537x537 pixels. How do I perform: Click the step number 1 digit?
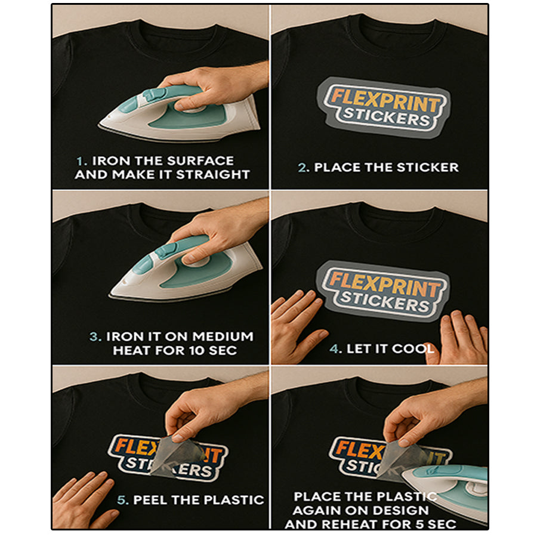point(80,161)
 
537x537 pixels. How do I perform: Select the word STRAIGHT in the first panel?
point(212,175)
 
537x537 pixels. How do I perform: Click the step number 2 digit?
point(303,168)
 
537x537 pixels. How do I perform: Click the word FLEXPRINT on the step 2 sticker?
point(385,101)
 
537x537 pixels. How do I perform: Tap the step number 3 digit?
point(94,337)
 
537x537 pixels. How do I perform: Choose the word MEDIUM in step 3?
point(223,337)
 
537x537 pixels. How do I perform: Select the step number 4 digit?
point(334,349)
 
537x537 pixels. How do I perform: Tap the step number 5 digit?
point(121,501)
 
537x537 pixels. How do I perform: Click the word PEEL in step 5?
point(150,500)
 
